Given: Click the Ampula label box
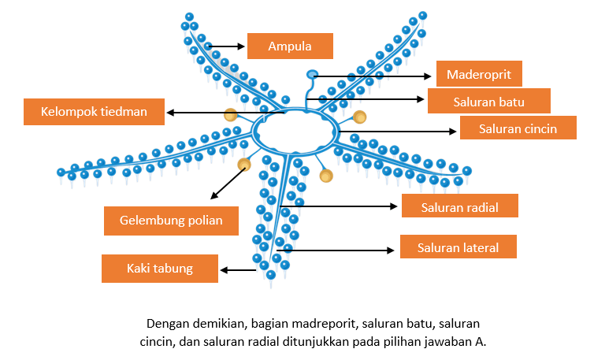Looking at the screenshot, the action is click(290, 46).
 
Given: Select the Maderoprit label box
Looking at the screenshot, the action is click(479, 74).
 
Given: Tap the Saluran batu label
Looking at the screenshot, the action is click(489, 101).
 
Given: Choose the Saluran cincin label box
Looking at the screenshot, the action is click(518, 128).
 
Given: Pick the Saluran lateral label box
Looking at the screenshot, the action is click(458, 247).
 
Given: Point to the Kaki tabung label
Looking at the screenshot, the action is click(160, 269).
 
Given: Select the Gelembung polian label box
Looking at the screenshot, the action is click(171, 221).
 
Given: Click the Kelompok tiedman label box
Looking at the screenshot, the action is click(94, 112).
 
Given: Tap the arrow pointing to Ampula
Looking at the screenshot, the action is click(227, 46).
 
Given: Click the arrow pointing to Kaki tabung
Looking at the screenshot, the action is click(238, 270).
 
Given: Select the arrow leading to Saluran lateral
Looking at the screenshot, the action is click(336, 250).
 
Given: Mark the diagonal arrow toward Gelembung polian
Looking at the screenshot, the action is click(228, 184).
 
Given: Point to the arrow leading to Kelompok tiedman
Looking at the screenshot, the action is click(225, 113).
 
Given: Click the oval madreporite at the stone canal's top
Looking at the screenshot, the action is click(312, 74).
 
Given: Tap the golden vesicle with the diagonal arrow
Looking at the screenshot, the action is click(244, 165).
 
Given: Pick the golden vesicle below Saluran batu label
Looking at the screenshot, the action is click(359, 117).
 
